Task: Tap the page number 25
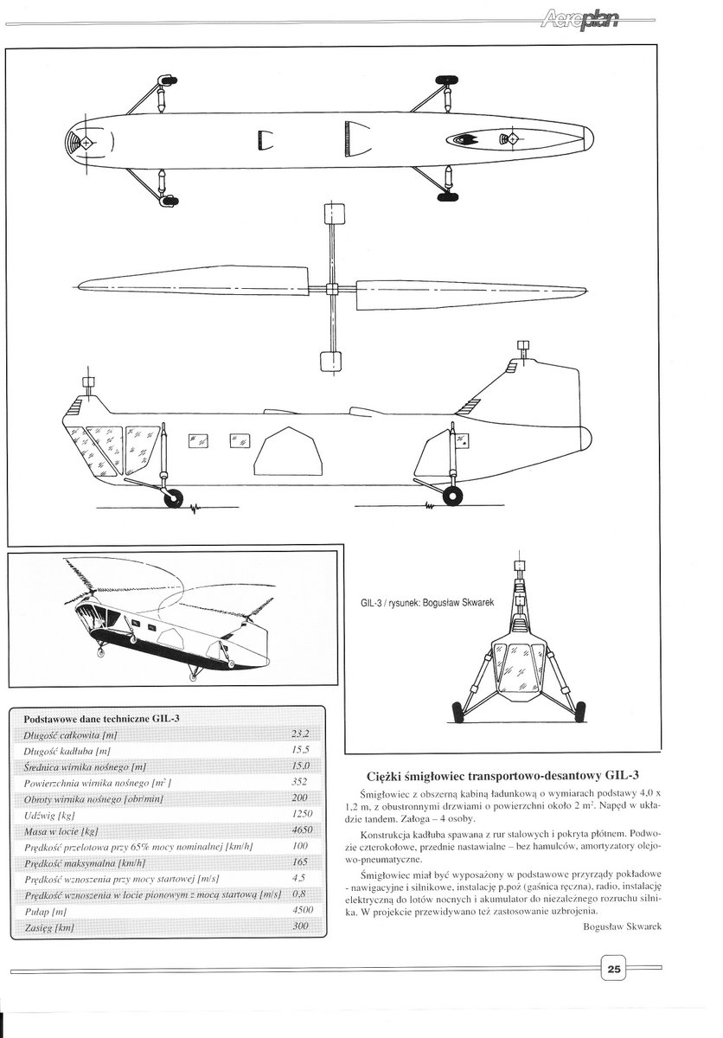click(613, 969)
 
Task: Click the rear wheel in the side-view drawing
click(452, 495)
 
